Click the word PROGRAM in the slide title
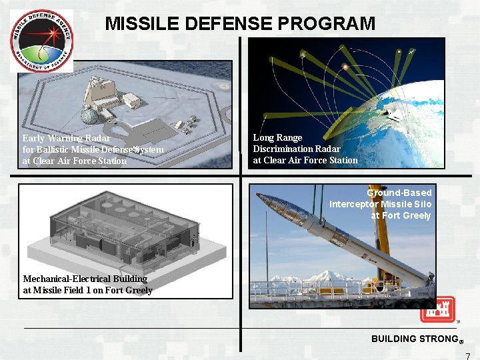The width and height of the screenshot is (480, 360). [327, 24]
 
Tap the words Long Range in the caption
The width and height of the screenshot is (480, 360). [277, 138]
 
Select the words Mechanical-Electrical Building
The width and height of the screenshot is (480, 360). [85, 279]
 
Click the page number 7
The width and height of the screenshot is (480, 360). [468, 355]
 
